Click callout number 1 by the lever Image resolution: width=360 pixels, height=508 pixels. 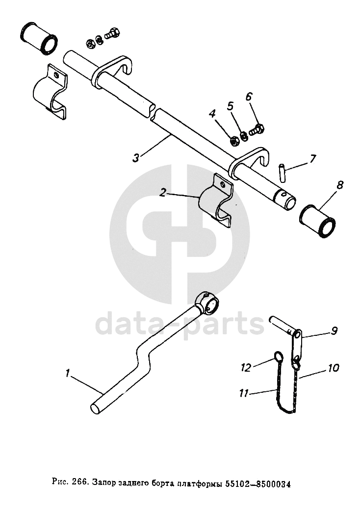[x=67, y=374]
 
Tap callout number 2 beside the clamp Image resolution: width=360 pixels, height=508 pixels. [x=163, y=193]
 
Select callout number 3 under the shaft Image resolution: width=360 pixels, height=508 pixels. [x=136, y=157]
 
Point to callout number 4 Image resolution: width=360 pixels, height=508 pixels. [x=212, y=114]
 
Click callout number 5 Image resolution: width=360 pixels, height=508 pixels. [x=230, y=105]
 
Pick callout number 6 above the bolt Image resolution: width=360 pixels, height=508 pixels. [x=249, y=97]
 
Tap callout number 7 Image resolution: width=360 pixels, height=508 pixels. [x=312, y=158]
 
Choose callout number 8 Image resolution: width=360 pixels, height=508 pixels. [x=340, y=185]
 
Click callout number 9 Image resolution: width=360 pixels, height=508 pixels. [x=334, y=330]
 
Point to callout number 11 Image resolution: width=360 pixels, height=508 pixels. [x=244, y=392]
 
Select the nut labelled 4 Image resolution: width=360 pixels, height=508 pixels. [x=234, y=141]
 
